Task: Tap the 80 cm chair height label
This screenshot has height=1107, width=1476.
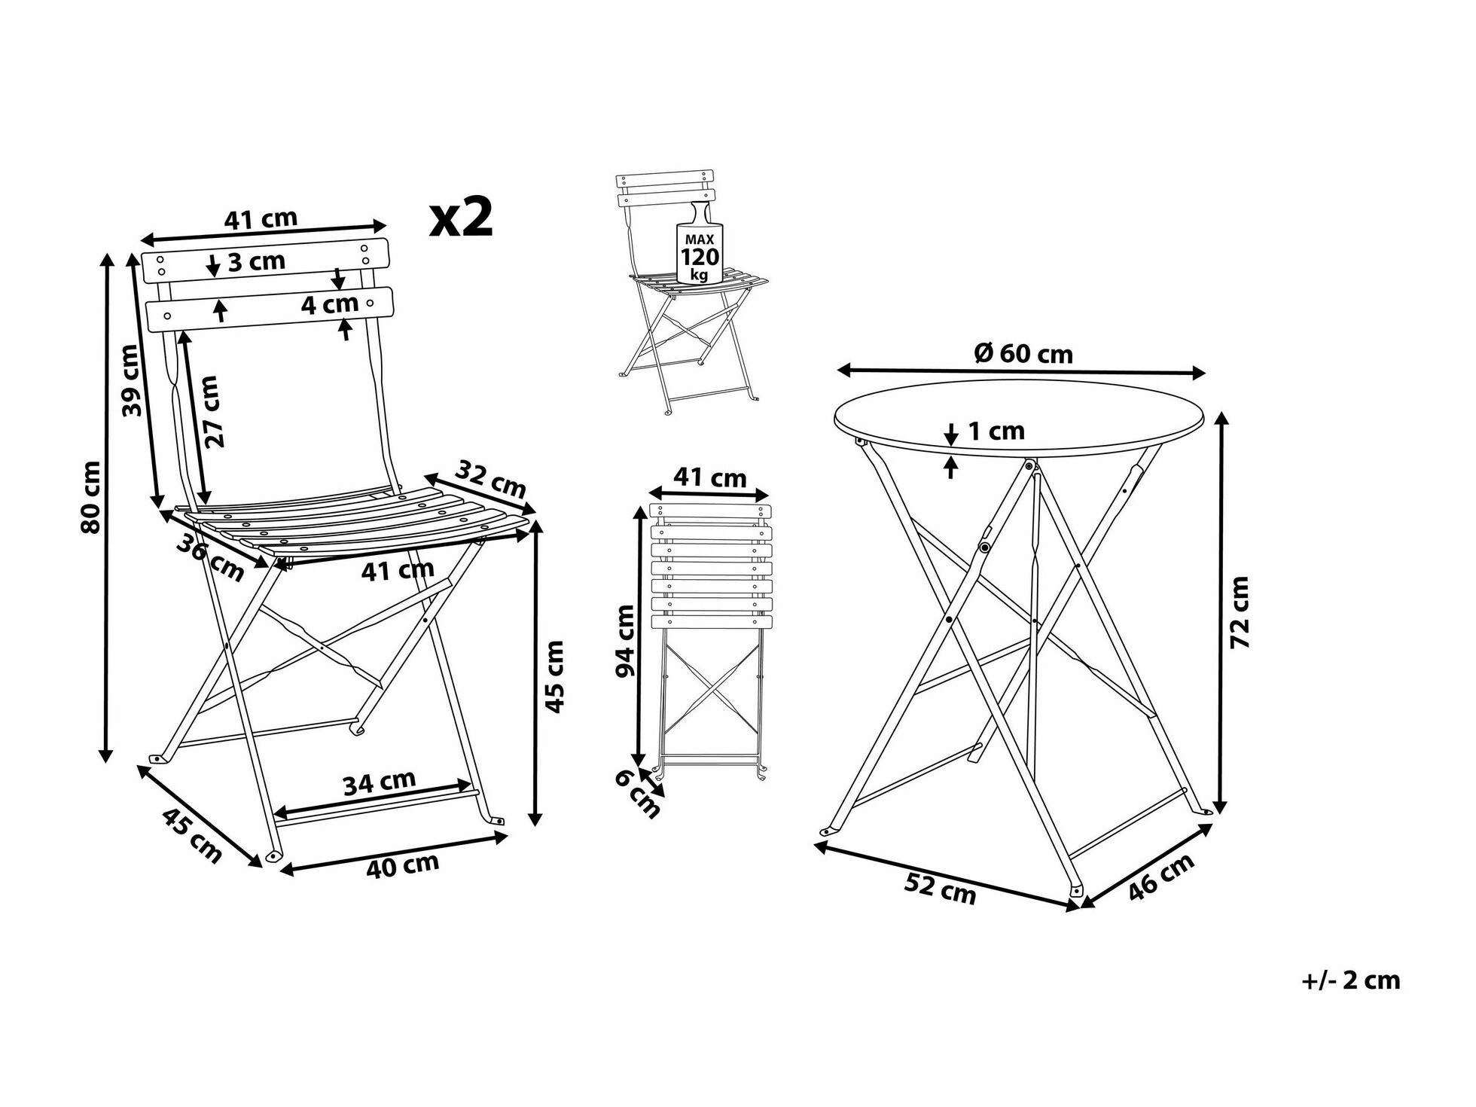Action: point(90,497)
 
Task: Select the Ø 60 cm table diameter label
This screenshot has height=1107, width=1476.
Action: point(1023,353)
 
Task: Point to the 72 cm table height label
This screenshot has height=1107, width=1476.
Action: point(1240,612)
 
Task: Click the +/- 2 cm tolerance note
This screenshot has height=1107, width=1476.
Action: point(1351,980)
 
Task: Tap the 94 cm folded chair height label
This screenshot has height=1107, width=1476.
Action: point(626,641)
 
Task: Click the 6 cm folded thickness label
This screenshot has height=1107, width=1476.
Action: point(637,794)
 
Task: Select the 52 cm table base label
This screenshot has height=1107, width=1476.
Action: point(940,889)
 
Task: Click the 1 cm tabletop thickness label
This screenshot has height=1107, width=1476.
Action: point(996,431)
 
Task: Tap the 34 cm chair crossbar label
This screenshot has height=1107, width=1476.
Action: point(380,783)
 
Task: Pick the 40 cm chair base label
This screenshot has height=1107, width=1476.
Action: point(402,865)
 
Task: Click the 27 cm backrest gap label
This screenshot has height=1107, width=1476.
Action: point(212,412)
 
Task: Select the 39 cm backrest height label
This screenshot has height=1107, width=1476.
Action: point(131,380)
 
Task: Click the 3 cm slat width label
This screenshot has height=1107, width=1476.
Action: point(257,261)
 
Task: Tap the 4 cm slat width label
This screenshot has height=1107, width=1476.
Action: point(330,304)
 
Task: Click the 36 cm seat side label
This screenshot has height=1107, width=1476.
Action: point(211,557)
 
